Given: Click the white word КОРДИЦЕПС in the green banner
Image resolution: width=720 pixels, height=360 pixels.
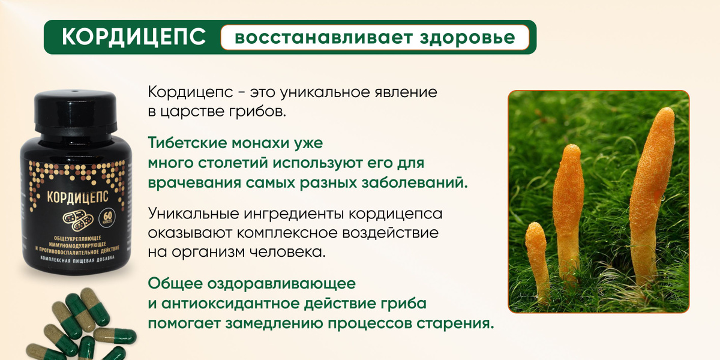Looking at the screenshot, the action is (134, 37).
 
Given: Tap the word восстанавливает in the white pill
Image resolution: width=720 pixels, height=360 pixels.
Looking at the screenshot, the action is (323, 38).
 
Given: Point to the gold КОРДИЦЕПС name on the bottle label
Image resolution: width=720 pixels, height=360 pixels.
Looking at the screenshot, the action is (77, 197).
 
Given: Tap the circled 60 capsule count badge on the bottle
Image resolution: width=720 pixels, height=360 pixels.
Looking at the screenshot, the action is (107, 218).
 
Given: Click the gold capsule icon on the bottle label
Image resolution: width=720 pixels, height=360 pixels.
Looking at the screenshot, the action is (78, 221).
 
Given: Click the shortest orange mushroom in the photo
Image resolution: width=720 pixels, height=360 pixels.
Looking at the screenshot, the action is (537, 260).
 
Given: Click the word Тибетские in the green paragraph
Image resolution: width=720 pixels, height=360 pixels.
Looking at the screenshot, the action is (187, 143).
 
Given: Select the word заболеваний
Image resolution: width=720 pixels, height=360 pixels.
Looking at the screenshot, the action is (415, 183).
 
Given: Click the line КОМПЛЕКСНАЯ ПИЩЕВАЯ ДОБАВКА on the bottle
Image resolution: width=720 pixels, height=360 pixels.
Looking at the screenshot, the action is (78, 259).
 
